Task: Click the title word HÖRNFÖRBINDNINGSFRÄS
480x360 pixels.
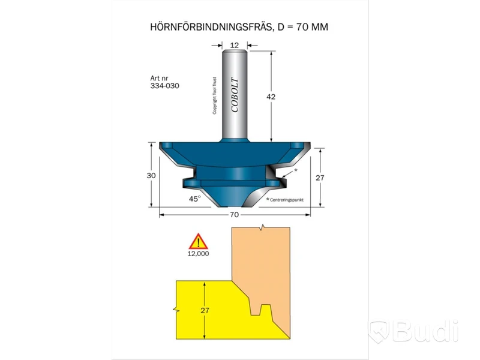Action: (x=211, y=27)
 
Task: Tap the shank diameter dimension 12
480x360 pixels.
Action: (x=234, y=46)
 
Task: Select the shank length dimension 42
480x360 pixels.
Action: (x=271, y=97)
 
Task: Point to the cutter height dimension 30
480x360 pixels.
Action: (x=151, y=175)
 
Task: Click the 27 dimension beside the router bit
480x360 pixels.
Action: (x=320, y=178)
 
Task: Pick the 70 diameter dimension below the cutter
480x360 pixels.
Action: (x=234, y=215)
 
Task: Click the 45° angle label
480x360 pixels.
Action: (x=194, y=199)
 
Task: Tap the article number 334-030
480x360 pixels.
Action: (x=164, y=86)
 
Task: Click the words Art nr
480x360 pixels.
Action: (x=159, y=78)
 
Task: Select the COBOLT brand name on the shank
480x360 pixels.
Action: (x=235, y=95)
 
